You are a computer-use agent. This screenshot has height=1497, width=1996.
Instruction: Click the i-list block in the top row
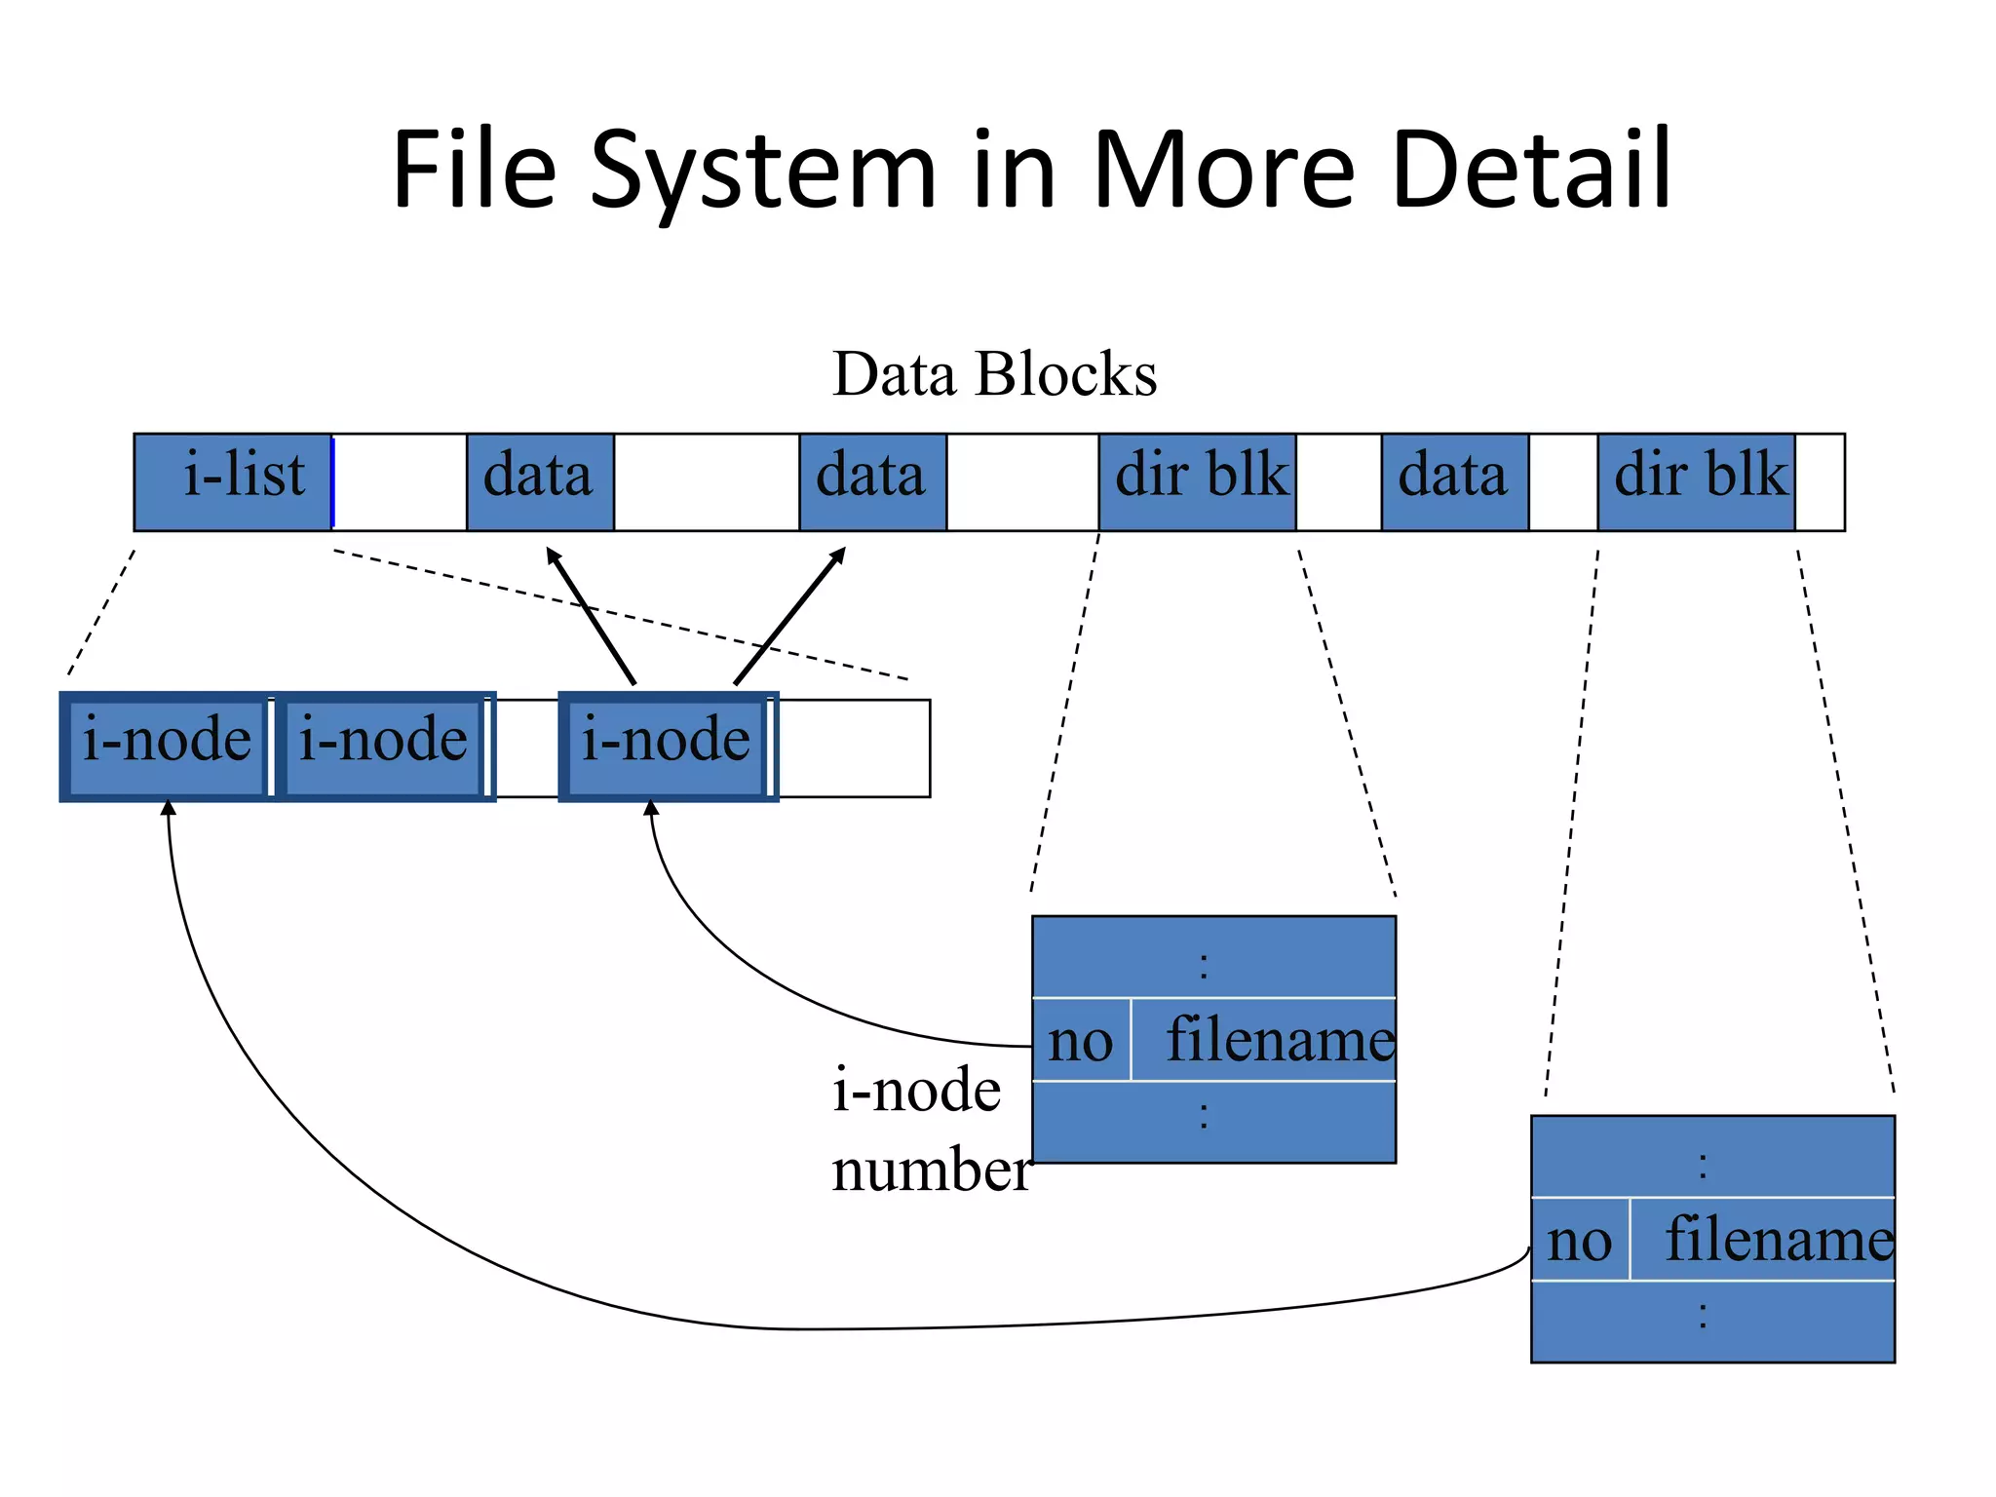click(x=233, y=481)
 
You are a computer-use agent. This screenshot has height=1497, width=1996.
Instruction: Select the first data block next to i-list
click(x=540, y=481)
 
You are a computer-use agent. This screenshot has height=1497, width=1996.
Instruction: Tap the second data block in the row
click(x=872, y=481)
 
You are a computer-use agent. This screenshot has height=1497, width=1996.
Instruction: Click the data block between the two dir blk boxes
click(x=1454, y=481)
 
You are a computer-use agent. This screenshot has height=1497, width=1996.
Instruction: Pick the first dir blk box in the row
click(x=1197, y=481)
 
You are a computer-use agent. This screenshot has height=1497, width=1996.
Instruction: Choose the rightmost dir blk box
click(x=1696, y=481)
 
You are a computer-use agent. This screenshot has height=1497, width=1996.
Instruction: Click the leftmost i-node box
click(x=167, y=747)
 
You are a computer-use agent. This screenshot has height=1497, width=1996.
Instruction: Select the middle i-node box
click(x=383, y=747)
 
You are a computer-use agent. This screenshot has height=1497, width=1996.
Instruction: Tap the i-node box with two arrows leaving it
click(x=667, y=747)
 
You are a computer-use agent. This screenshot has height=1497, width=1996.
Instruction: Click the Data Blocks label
click(x=994, y=374)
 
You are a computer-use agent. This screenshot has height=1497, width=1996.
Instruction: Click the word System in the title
click(x=762, y=173)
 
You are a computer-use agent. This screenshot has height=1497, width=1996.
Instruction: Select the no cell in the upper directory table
click(x=1081, y=1040)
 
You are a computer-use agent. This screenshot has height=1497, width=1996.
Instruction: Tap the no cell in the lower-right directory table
click(x=1580, y=1240)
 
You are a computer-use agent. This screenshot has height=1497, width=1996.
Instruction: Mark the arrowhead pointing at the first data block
click(x=553, y=555)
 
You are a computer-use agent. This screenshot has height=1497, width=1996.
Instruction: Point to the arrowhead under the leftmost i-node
click(x=169, y=807)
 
